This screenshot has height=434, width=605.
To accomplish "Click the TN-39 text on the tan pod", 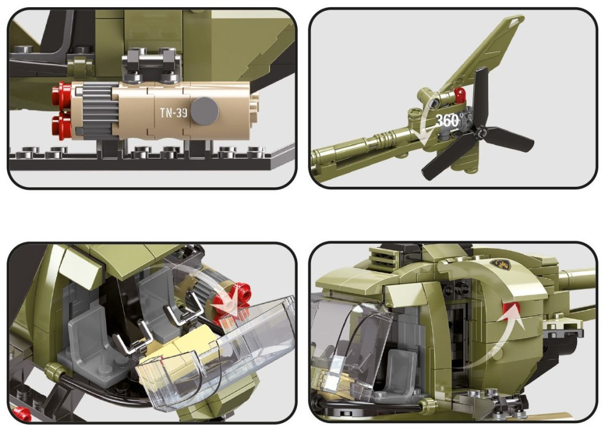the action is (x=174, y=113).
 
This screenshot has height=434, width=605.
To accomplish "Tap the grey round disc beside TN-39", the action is (x=204, y=111).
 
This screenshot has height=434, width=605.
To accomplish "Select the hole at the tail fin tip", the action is (x=514, y=21).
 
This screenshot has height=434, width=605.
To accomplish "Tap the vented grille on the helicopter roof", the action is (x=383, y=256).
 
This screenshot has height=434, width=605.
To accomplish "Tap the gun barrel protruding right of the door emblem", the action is (x=576, y=278).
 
